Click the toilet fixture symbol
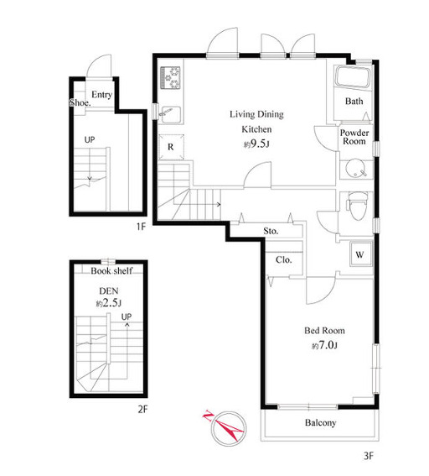click(357, 205)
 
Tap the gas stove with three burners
click(170, 78)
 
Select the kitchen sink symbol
click(172, 114)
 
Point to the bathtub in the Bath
click(353, 78)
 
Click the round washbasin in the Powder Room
click(354, 169)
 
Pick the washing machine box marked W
click(360, 254)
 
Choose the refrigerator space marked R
click(171, 147)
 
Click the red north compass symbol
click(225, 426)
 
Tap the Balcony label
click(321, 422)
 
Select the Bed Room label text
click(324, 330)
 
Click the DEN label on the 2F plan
click(109, 290)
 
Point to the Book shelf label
click(111, 271)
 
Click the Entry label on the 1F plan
click(101, 95)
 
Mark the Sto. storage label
click(271, 231)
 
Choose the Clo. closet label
click(284, 260)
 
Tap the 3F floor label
click(369, 456)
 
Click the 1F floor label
click(141, 227)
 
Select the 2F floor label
click(142, 410)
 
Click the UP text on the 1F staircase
click(90, 139)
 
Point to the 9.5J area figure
click(256, 144)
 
